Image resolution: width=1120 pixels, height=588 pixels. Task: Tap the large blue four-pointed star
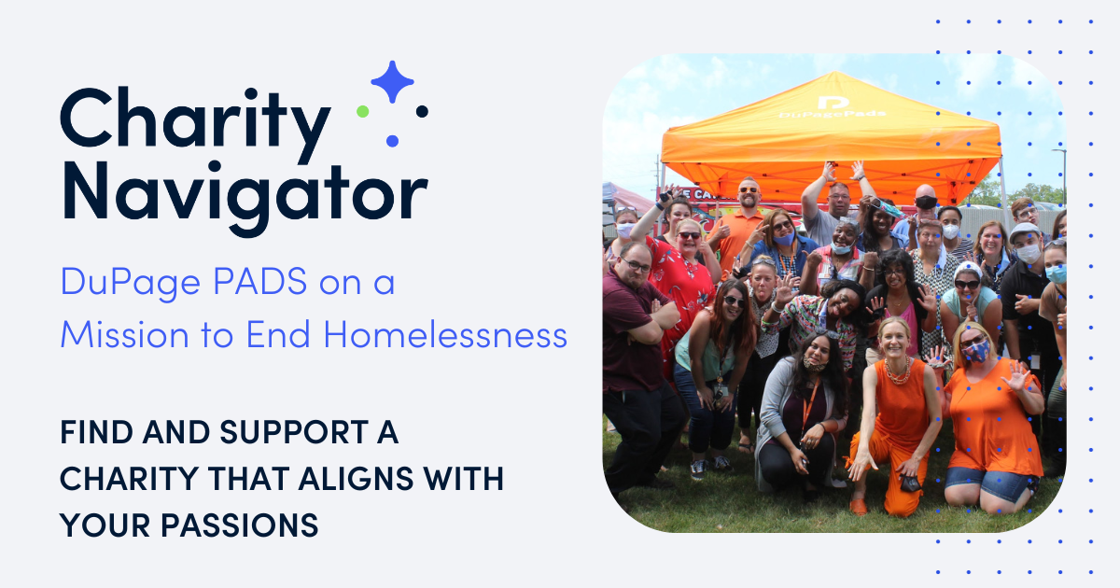click(x=392, y=82)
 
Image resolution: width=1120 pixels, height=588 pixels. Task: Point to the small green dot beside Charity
click(x=362, y=111)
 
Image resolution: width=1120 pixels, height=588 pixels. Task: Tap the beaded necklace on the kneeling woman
click(x=897, y=372)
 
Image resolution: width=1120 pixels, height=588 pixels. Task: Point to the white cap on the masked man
click(x=1024, y=230)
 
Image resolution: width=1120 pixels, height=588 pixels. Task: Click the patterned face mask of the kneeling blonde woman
click(x=974, y=350)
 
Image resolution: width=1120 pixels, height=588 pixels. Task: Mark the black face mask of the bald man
click(x=925, y=203)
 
